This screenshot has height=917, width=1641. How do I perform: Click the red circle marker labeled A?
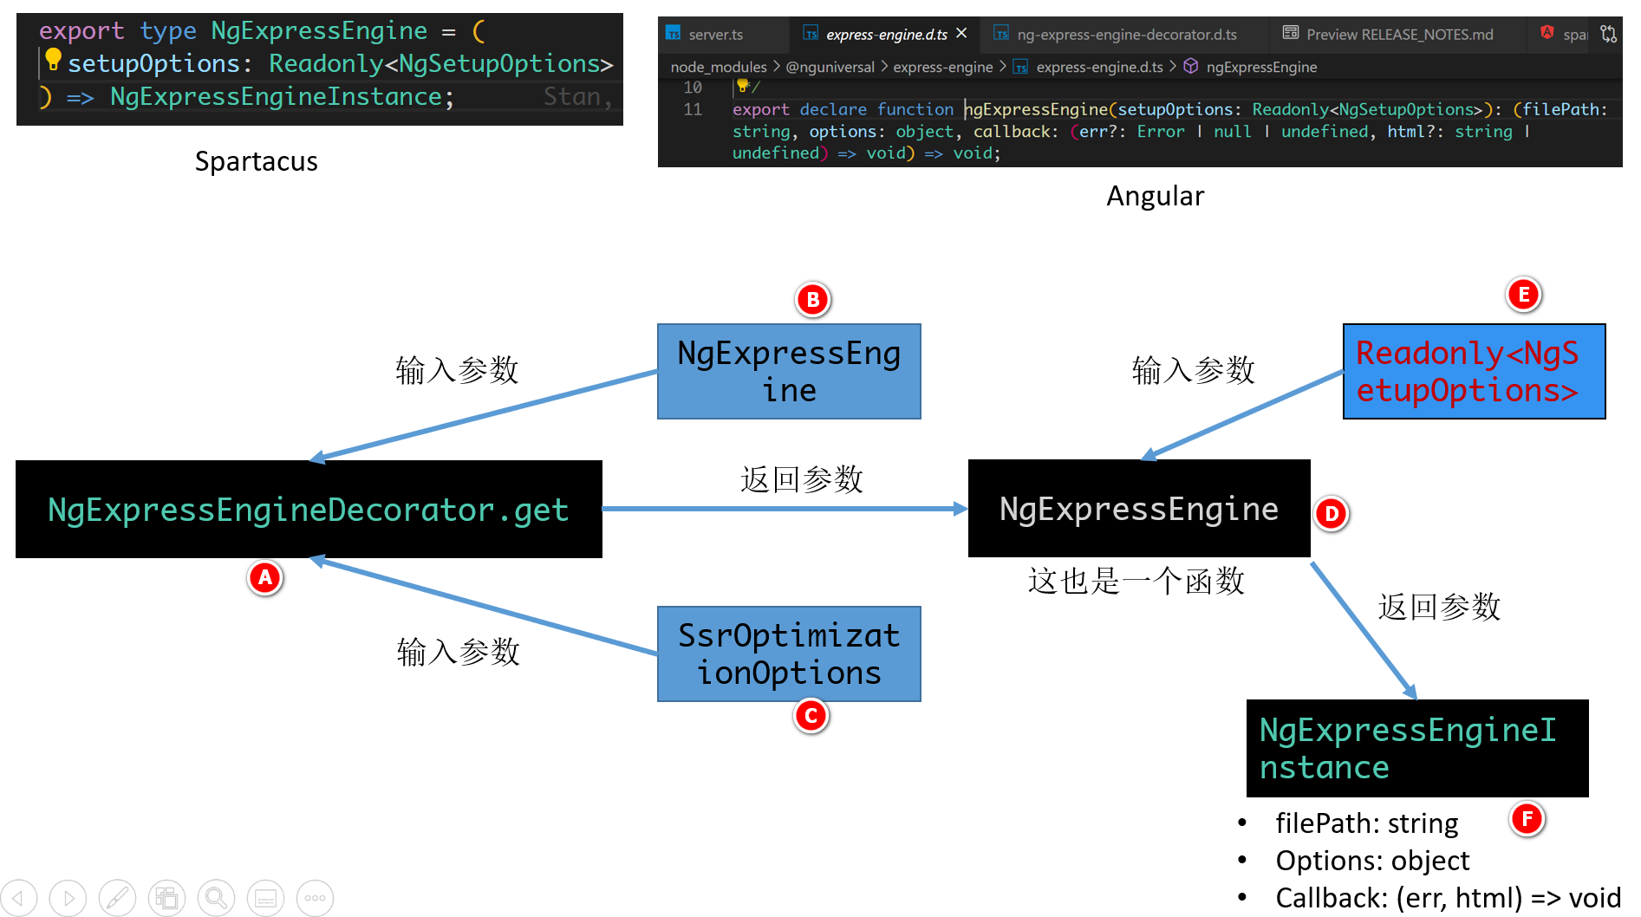coord(265,577)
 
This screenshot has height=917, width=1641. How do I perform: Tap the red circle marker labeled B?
coord(812,300)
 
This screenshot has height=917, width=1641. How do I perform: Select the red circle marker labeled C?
coord(811,716)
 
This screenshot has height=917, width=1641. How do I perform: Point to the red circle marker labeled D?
coord(1332,514)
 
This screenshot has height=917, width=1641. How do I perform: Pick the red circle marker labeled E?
coord(1523,295)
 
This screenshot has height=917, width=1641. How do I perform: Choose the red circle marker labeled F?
coord(1527,818)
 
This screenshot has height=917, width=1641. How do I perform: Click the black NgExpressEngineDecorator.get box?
coord(309,510)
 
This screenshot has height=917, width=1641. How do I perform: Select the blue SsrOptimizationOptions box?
coord(789,654)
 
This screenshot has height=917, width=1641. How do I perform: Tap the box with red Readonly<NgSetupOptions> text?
coord(1474,372)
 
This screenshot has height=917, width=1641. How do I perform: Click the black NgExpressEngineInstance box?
coord(1416,749)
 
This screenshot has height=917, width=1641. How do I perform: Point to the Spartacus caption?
coord(257,162)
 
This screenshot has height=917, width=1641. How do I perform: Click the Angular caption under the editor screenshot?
coord(1155,197)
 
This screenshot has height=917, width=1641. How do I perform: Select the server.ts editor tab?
coord(715,35)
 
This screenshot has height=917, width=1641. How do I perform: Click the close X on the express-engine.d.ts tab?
coord(961,34)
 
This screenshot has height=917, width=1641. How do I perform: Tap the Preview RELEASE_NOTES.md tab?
coord(1398,35)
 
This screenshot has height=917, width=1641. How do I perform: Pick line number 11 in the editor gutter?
coord(693,109)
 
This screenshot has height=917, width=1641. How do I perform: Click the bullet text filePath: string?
coord(1366,823)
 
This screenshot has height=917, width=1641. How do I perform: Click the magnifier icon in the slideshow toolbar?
coord(216,898)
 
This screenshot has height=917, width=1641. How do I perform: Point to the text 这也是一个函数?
coord(1136,581)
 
